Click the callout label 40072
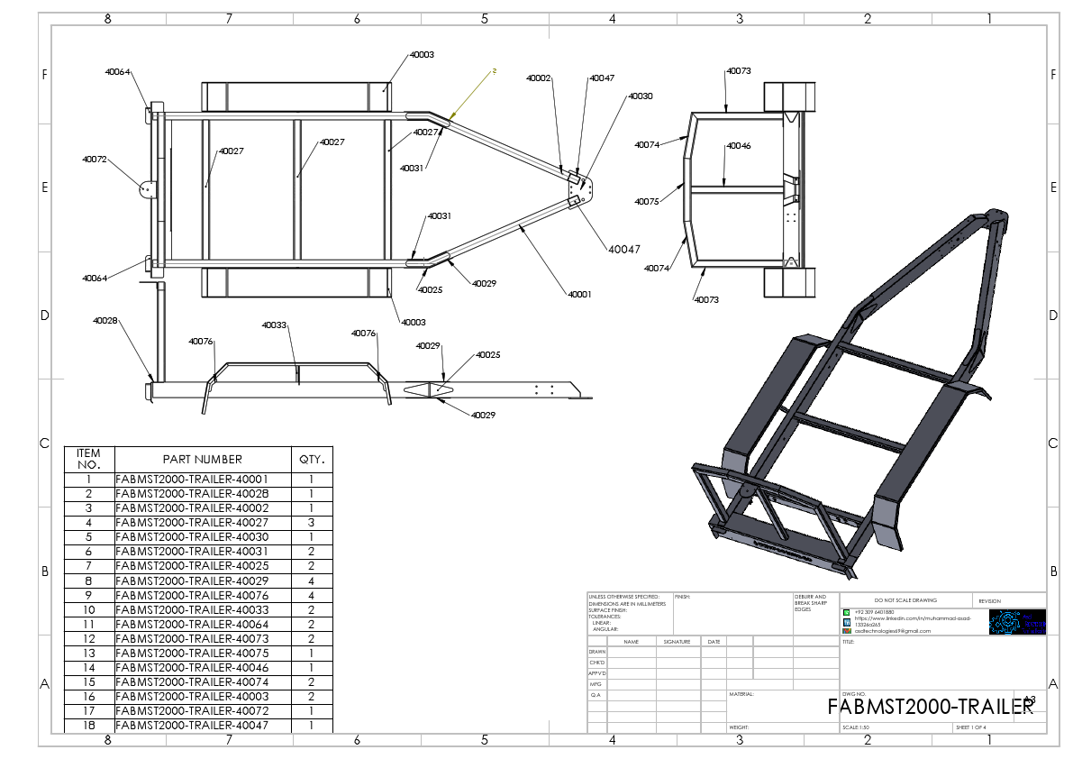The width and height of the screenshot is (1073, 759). (x=95, y=160)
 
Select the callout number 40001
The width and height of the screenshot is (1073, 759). (x=579, y=294)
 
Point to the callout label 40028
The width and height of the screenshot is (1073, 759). (x=105, y=320)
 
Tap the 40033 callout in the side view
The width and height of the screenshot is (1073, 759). (x=274, y=325)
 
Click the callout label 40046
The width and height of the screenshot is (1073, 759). (x=739, y=146)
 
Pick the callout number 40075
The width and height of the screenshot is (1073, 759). (x=647, y=202)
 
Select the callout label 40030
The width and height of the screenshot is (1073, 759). (x=641, y=96)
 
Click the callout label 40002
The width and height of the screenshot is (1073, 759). (x=539, y=78)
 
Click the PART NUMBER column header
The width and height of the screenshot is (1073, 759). (x=203, y=459)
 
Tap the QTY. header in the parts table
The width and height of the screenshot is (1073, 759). (x=312, y=459)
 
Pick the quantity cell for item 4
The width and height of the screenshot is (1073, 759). (x=312, y=523)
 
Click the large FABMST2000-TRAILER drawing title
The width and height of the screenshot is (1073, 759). (x=930, y=707)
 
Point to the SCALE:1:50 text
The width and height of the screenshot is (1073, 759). (x=857, y=727)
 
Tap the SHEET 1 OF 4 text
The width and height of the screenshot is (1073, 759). (x=971, y=727)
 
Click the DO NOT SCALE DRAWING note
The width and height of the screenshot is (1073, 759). (x=905, y=600)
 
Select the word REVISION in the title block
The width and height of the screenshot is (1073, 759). (x=989, y=601)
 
